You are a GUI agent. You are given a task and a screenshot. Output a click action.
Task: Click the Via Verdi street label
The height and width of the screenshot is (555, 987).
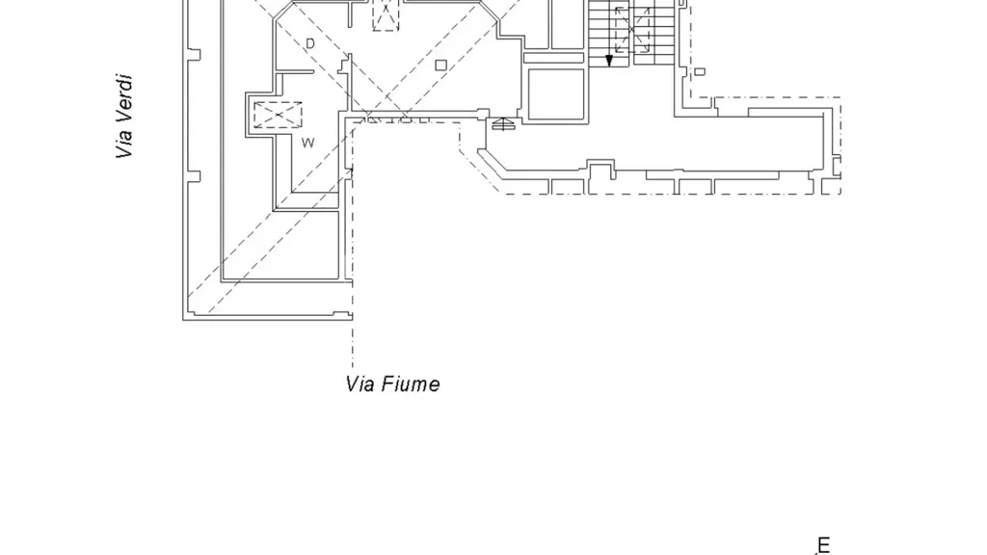[124, 117]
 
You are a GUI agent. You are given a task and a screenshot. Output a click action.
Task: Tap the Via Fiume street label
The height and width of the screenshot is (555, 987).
[393, 383]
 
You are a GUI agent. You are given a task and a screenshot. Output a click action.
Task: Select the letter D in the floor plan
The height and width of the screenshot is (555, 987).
[309, 43]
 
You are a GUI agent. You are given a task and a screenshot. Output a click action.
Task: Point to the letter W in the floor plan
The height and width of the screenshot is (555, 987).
[307, 143]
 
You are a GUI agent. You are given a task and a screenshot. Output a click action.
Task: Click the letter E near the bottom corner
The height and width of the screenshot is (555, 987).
[823, 545]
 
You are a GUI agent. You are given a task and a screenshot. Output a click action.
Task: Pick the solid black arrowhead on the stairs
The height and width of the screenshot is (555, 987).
[609, 61]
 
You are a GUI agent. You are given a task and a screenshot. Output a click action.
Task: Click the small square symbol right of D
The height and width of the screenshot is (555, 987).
[440, 65]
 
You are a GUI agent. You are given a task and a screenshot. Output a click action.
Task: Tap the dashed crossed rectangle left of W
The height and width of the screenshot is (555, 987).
[278, 115]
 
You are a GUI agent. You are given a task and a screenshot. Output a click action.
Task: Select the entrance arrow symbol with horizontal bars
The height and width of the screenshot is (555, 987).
[502, 123]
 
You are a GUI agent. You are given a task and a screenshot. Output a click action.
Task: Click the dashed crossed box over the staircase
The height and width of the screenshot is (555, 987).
[632, 30]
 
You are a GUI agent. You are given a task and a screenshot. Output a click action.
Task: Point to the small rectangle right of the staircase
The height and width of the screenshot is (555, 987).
[700, 71]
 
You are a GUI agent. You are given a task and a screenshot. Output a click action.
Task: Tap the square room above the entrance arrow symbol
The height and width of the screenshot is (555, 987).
[556, 93]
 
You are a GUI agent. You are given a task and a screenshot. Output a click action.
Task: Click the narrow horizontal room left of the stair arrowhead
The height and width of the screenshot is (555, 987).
[553, 58]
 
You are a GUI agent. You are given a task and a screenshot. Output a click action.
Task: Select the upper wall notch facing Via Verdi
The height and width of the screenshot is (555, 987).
[194, 55]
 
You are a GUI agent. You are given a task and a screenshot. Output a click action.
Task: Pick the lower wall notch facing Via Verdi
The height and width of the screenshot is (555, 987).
[194, 177]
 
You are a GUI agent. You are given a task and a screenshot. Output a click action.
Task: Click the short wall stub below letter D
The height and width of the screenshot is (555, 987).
[295, 72]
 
